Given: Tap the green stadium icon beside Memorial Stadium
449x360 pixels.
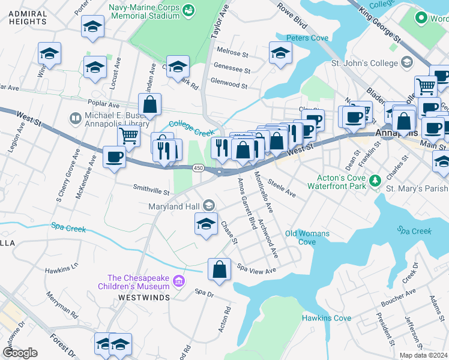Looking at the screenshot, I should [x=188, y=10].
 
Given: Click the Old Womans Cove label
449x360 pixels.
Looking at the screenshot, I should [x=307, y=238].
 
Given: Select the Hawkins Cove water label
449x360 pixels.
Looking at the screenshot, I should [x=326, y=318].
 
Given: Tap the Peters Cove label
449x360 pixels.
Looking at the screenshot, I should [x=307, y=38].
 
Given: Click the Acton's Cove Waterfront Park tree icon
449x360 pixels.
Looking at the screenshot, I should [x=375, y=180].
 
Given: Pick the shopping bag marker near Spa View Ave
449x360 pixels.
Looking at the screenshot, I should [x=220, y=269].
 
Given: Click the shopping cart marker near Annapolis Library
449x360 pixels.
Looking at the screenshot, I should [x=128, y=137].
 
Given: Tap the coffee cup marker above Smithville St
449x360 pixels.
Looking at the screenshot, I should [x=114, y=157].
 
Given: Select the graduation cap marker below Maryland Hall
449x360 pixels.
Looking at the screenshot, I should [x=205, y=225].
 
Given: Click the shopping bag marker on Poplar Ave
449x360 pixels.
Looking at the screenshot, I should [x=149, y=104].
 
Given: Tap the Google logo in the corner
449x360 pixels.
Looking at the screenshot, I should [x=20, y=353].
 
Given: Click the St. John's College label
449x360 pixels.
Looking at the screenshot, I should [x=364, y=63].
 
